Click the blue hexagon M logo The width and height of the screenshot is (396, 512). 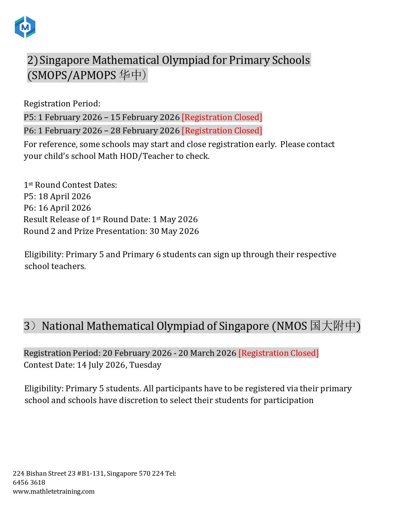[x=25, y=27]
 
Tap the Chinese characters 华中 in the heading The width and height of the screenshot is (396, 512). [x=130, y=75]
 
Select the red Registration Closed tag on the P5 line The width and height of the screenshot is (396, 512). [x=222, y=117]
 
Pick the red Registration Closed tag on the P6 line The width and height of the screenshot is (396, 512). [x=222, y=131]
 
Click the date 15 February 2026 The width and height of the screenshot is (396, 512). [x=145, y=117]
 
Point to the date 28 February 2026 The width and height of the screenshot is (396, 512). [x=145, y=131]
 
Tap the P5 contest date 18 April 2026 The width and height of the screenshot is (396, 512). [x=65, y=196]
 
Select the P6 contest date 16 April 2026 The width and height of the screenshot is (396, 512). [x=65, y=208]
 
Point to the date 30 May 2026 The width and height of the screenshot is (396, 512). [x=174, y=231]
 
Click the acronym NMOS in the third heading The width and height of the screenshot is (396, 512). [x=292, y=326]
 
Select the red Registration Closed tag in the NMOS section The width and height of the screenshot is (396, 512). [x=279, y=353]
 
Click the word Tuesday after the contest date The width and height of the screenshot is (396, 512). [x=145, y=365]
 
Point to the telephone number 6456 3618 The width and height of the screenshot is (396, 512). [x=29, y=483]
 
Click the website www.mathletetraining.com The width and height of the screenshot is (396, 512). [x=54, y=492]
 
